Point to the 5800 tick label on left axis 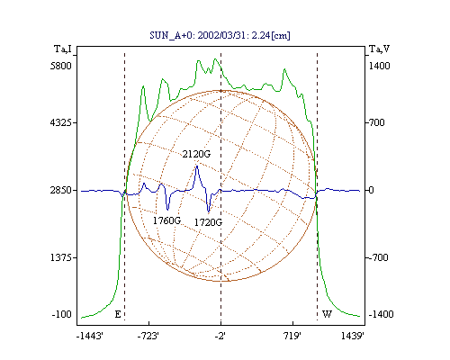[61, 66]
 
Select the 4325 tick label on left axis [61, 122]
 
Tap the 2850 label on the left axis [61, 190]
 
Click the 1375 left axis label [61, 257]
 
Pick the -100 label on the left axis [62, 314]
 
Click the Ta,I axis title [63, 49]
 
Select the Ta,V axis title [380, 49]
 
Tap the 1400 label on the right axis [379, 66]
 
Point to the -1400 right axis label [381, 314]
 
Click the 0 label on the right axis [371, 190]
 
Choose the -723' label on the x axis [148, 336]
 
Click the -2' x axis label [220, 336]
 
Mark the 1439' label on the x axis [353, 336]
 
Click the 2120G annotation [196, 154]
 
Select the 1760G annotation [166, 220]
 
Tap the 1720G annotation [208, 222]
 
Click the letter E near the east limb [118, 314]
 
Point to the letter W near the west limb [327, 314]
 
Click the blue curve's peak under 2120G [197, 166]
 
